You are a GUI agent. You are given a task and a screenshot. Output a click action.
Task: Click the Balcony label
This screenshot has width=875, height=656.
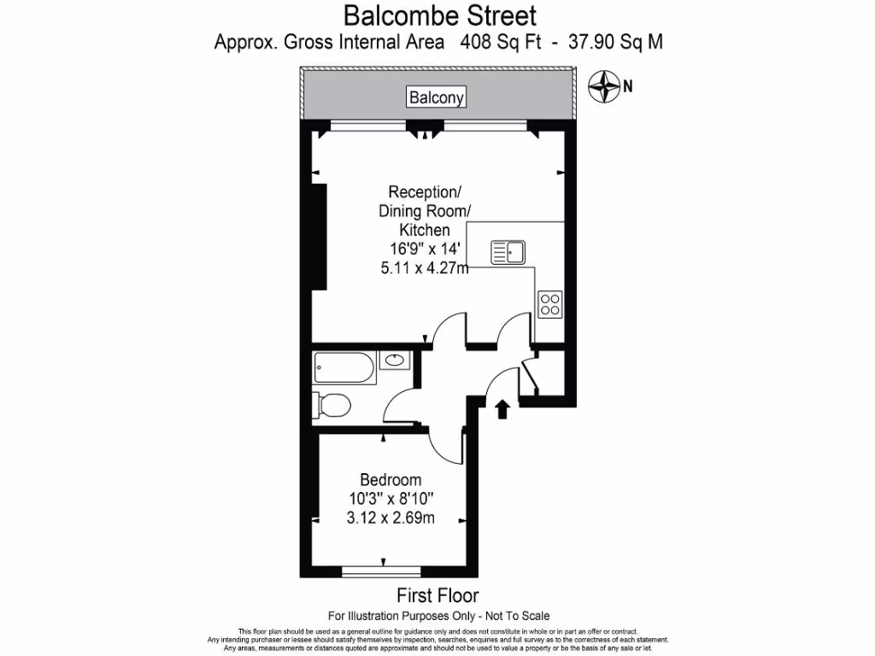click(437, 97)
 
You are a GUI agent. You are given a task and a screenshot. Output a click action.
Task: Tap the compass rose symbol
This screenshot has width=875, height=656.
click(605, 85)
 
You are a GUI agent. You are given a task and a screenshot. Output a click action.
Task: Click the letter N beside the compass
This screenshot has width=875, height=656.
click(628, 85)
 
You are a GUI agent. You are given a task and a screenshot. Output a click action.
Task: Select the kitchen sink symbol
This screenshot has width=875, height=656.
click(508, 252)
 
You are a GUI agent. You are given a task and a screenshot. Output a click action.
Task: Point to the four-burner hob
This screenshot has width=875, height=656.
click(550, 303)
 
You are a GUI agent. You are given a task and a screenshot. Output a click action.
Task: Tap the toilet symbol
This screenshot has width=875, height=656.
click(331, 404)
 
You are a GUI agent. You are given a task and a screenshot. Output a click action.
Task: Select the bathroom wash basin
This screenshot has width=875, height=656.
click(394, 360)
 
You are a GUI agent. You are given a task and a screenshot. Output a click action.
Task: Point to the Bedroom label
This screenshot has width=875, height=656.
click(390, 480)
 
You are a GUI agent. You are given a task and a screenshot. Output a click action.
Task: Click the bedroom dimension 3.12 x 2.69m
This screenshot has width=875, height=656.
click(390, 518)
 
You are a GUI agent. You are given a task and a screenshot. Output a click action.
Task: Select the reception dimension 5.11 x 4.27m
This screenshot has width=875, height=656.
click(425, 267)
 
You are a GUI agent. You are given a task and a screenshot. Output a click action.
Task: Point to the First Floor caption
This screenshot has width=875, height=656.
click(437, 595)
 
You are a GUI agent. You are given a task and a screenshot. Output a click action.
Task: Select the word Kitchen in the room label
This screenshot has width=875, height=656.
click(425, 230)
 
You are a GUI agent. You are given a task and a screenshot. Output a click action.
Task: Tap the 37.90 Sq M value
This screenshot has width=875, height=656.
click(616, 41)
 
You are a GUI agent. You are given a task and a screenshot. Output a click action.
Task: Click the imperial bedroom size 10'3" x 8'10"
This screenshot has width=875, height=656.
click(390, 499)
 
